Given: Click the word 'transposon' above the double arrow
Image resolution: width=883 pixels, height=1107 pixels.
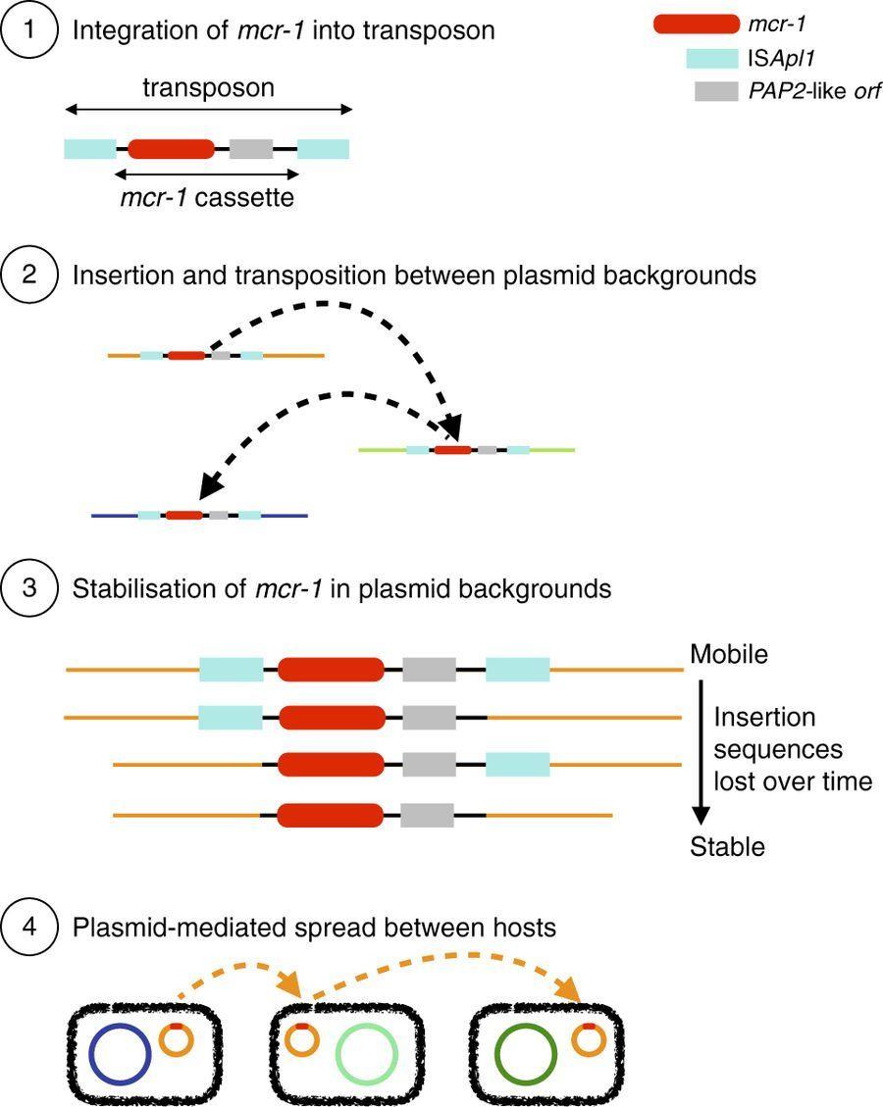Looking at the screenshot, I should [x=208, y=88].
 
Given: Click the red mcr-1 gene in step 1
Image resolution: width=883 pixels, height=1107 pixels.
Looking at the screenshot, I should [x=171, y=149].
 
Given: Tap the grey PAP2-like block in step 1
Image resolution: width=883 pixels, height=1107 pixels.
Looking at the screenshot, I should [x=251, y=149].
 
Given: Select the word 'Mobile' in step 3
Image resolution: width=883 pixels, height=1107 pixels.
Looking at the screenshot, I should [x=729, y=654].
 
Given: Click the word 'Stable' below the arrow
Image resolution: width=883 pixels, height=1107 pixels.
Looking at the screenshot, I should [x=727, y=847].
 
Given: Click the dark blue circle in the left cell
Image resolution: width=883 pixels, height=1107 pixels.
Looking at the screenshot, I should [x=120, y=1056].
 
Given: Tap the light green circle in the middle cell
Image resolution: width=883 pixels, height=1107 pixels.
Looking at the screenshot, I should [x=366, y=1056].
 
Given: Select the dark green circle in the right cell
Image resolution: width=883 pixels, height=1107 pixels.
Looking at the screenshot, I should [x=527, y=1056].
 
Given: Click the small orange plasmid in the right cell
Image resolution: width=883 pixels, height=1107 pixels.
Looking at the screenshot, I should [x=589, y=1040].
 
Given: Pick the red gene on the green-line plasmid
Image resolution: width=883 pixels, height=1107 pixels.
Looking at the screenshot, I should [x=452, y=450].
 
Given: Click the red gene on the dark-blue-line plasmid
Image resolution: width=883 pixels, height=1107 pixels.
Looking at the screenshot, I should [x=183, y=514].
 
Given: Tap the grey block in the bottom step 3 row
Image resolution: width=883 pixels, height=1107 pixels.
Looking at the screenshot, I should [x=428, y=815].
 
